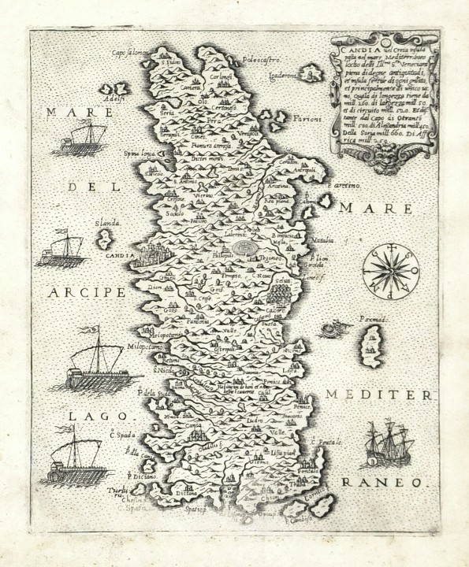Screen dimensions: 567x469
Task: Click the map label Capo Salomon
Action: pos(131,53)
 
